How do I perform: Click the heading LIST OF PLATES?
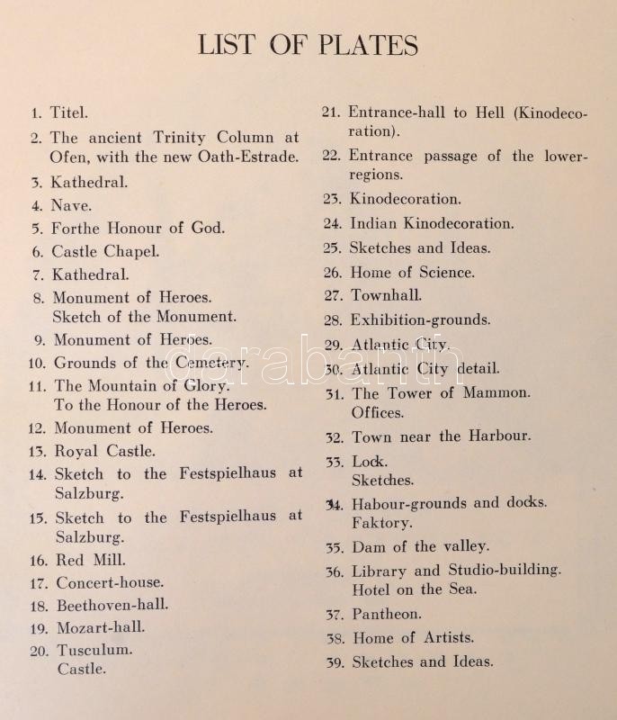pyautogui.click(x=308, y=45)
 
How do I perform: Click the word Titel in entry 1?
pyautogui.click(x=69, y=113)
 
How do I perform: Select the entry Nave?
pyautogui.click(x=70, y=205)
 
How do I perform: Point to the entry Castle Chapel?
pyautogui.click(x=104, y=252)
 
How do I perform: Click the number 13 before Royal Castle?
pyautogui.click(x=37, y=451)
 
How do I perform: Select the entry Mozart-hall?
pyautogui.click(x=100, y=627)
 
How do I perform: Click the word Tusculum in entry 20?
pyautogui.click(x=94, y=649)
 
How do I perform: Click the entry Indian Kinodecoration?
pyautogui.click(x=432, y=224)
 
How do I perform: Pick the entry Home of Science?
pyautogui.click(x=412, y=272)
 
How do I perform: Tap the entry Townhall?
pyautogui.click(x=386, y=295)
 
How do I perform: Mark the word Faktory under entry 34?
pyautogui.click(x=381, y=523)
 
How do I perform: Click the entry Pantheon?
pyautogui.click(x=385, y=614)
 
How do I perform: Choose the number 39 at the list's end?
pyautogui.click(x=334, y=662)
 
